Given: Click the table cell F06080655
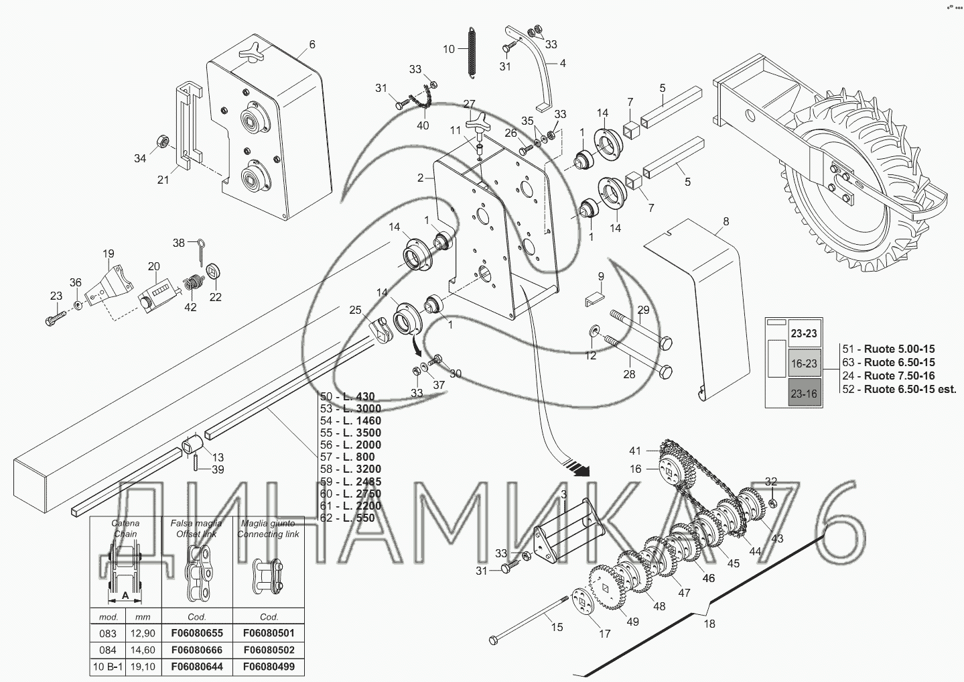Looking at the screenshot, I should point(197,633).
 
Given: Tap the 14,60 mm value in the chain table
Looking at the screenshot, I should point(143,650).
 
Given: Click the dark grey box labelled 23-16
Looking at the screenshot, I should point(803,394).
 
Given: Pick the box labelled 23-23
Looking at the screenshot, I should point(803,333).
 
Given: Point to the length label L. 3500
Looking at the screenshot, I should point(359,433).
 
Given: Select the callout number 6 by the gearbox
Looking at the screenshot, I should point(312,45).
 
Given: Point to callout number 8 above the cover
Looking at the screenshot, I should point(726,221).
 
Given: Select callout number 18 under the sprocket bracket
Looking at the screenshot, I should point(709,624).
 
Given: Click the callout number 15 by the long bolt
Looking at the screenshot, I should point(557,627).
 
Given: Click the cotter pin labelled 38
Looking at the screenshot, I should point(203,249).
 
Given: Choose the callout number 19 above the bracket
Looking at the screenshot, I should point(109,253).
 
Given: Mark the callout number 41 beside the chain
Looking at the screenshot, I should point(635,451).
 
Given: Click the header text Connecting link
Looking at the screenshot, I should point(269,534).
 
